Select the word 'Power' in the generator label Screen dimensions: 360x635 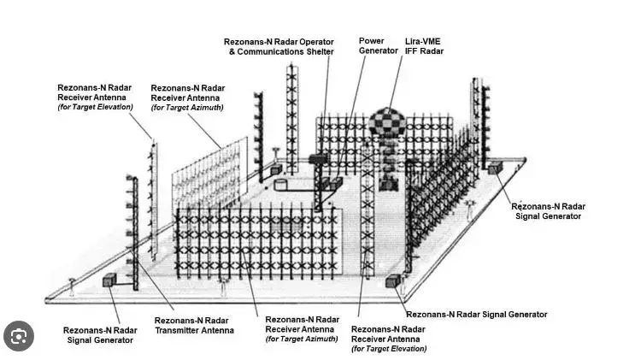click(x=371, y=40)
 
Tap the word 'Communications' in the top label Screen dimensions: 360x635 click(x=270, y=51)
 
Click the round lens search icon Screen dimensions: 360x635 click(x=19, y=333)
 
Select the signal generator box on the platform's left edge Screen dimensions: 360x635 click(x=109, y=280)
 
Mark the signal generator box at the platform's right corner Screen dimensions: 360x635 click(x=495, y=168)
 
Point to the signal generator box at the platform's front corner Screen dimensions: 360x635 click(x=391, y=280)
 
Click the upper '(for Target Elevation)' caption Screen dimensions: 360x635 click(x=95, y=108)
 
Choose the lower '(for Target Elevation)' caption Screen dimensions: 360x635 click(x=389, y=349)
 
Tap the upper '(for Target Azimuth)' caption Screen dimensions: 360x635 click(x=187, y=108)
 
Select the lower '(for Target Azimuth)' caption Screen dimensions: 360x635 click(x=302, y=339)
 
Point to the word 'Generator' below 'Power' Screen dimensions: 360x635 click(x=379, y=50)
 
